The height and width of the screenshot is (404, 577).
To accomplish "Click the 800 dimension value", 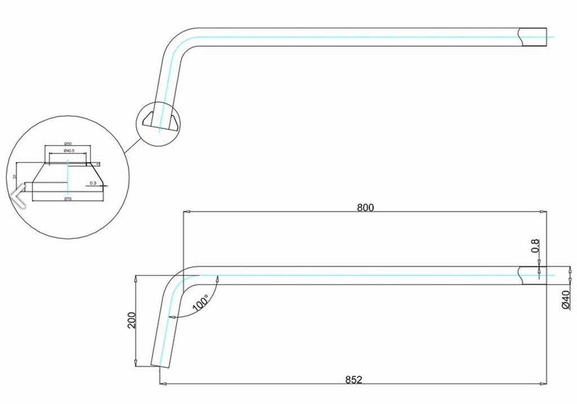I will tap(365, 207).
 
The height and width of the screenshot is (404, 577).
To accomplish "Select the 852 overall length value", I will tap(353, 379).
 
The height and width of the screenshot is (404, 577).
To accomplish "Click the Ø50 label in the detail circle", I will tap(67, 144).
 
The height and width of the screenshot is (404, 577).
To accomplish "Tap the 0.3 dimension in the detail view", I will tap(93, 183).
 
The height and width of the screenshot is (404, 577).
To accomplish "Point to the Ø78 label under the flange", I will tap(67, 199).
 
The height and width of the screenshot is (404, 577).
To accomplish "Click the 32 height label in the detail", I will tap(15, 177).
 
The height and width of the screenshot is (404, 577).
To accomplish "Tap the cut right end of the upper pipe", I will tap(532, 37).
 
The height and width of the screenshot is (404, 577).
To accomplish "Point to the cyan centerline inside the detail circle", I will tap(67, 175).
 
